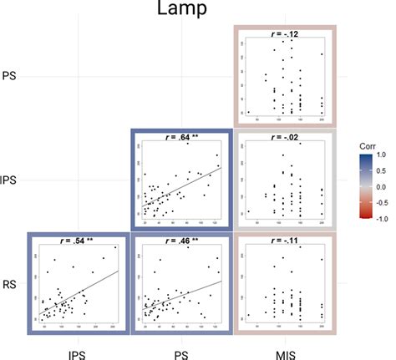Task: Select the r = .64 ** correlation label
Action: [x=180, y=136]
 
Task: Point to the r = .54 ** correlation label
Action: [x=77, y=240]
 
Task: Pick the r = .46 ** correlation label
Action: [x=180, y=240]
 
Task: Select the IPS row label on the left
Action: [x=10, y=180]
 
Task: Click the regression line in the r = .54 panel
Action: [x=84, y=294]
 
